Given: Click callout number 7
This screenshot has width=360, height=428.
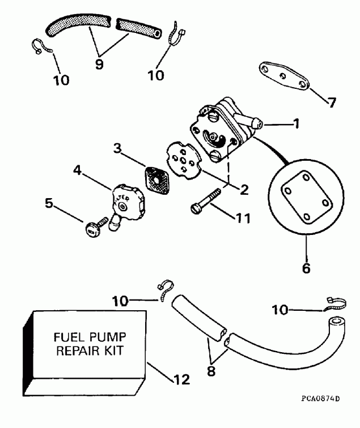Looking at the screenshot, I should [x=331, y=102].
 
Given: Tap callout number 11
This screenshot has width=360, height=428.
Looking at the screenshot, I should [x=244, y=217].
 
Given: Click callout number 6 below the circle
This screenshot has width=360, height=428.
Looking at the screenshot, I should [x=306, y=268].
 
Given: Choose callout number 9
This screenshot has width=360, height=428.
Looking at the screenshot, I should [x=99, y=64].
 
